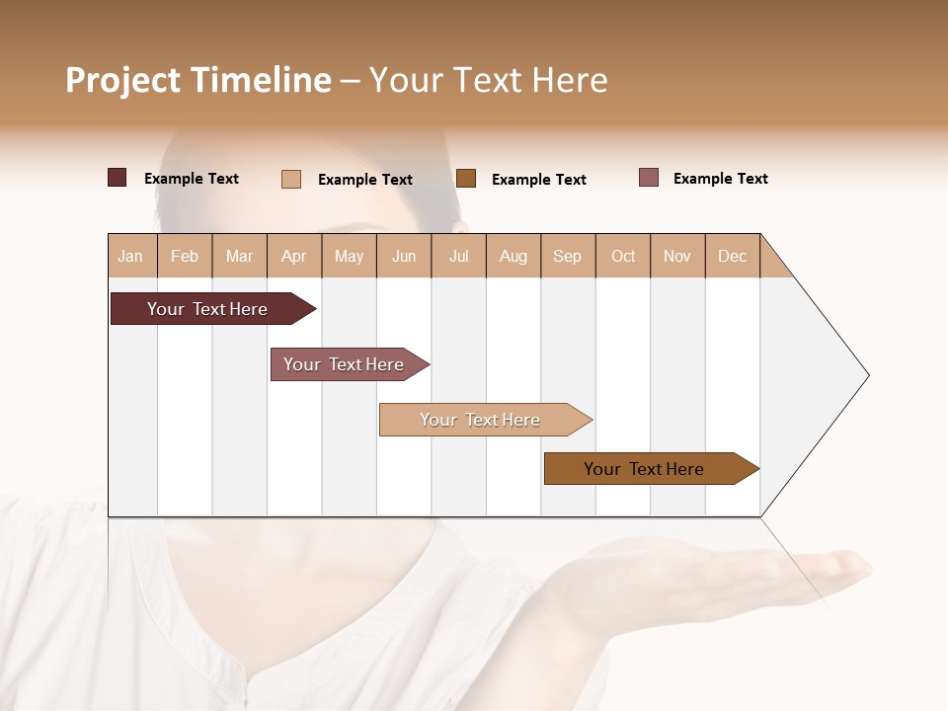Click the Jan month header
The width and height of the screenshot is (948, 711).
tap(130, 256)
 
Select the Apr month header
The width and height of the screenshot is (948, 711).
tap(293, 256)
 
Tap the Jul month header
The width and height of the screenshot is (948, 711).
tap(458, 256)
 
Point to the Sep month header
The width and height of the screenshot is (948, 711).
tap(567, 256)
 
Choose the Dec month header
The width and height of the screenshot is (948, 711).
tap(732, 256)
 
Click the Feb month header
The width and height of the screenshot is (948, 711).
tap(185, 256)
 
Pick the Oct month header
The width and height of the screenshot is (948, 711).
tap(623, 256)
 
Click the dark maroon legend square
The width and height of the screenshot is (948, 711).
tap(118, 178)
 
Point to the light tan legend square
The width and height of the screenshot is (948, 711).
tap(291, 179)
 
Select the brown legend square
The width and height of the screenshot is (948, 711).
tap(466, 179)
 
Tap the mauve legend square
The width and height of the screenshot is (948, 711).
tap(649, 178)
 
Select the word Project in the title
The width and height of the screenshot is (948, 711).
tap(123, 81)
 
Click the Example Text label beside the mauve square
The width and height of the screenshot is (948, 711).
tap(720, 179)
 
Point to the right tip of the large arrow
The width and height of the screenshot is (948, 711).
tap(867, 375)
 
